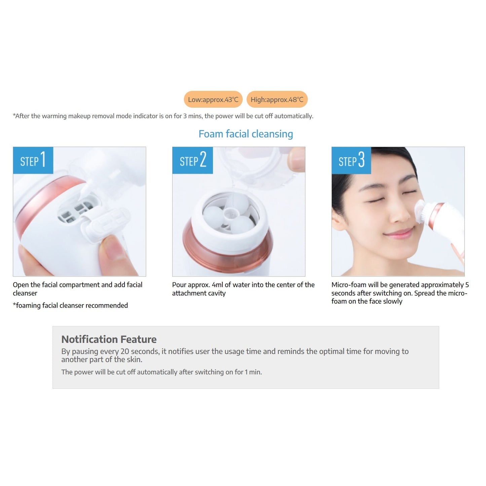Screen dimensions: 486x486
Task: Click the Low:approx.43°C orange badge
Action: click(213, 99)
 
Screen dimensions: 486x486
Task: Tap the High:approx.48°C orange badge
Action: click(277, 99)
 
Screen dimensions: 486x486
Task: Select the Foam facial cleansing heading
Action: click(246, 134)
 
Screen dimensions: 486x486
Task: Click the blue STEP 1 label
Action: click(33, 160)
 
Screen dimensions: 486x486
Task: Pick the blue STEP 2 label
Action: click(192, 160)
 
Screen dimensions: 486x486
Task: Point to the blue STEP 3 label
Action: click(351, 160)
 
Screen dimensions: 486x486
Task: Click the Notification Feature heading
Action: click(109, 339)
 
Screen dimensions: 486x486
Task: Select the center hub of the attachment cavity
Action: click(229, 214)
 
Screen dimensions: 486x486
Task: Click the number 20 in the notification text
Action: click(124, 351)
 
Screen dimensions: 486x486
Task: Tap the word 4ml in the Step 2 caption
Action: click(217, 285)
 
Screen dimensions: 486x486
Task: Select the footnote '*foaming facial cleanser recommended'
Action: click(70, 305)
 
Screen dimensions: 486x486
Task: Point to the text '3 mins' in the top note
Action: click(192, 116)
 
